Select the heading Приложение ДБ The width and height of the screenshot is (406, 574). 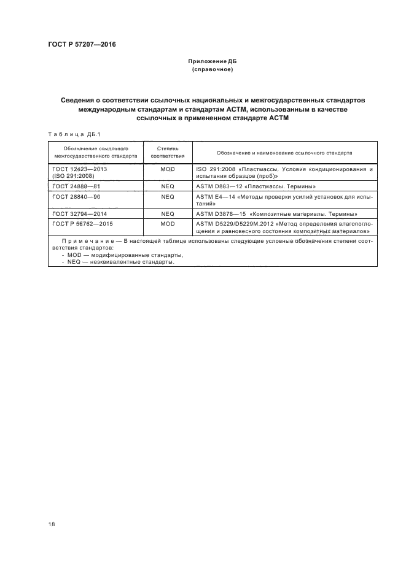pyautogui.click(x=212, y=63)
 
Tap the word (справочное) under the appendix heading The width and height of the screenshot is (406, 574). pyautogui.click(x=212, y=70)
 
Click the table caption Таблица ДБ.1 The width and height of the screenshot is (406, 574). pyautogui.click(x=68, y=134)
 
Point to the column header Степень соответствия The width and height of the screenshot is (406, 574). pyautogui.click(x=168, y=152)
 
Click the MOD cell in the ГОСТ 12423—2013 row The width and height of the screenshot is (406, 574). pyautogui.click(x=168, y=168)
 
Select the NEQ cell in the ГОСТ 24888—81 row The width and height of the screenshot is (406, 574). pyautogui.click(x=168, y=185)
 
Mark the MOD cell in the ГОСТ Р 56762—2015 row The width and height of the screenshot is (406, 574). pyautogui.click(x=168, y=224)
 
